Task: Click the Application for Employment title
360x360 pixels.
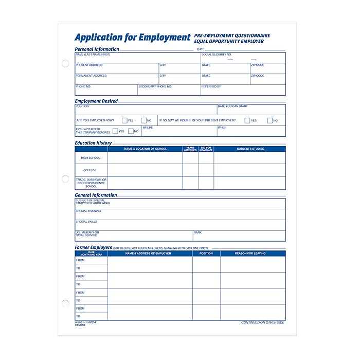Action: coord(132,38)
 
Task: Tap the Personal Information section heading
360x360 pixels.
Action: coord(97,49)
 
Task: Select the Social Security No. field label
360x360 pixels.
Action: coord(217,54)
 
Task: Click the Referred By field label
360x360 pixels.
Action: coord(211,86)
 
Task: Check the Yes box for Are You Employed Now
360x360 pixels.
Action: coord(124,120)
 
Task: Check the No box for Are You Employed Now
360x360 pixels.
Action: coord(143,120)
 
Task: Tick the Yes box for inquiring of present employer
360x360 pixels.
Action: coord(247,120)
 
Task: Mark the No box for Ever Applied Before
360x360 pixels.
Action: coord(131,131)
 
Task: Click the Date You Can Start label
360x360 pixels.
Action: coord(232,106)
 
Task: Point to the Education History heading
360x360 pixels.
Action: coord(93,143)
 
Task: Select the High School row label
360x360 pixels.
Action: coord(91,158)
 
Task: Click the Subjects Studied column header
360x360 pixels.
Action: coord(250,149)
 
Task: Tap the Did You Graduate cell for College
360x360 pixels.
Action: coord(206,170)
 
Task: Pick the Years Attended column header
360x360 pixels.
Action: coord(190,149)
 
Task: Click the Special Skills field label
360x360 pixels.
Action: coord(86,222)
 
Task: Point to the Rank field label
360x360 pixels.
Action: coord(197,232)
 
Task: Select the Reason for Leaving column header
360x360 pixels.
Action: coord(250,254)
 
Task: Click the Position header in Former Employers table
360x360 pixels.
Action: coord(206,254)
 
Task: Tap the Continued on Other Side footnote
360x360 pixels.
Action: coord(262,322)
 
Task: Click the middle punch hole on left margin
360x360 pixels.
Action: coord(65,179)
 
